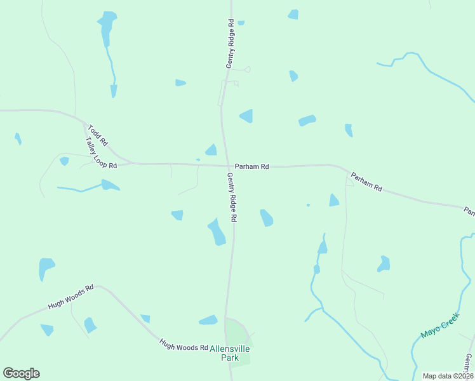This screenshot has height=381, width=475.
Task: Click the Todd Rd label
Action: point(98,135)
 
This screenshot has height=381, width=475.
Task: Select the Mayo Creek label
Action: point(439,325)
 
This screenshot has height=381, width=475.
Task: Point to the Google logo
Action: point(21,373)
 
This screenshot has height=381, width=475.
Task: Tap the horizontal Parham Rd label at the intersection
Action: point(252,166)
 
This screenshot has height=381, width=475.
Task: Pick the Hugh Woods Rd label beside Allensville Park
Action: point(184,347)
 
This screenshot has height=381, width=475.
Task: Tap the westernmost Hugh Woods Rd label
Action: point(70,297)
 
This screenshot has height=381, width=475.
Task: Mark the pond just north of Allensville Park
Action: point(208,320)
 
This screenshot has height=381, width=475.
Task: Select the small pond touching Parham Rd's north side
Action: point(211,150)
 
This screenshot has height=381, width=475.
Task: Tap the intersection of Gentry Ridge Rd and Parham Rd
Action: point(227,165)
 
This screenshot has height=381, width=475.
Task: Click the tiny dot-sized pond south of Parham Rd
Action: point(308,204)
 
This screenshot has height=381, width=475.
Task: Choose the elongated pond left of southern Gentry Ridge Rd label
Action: point(217,232)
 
